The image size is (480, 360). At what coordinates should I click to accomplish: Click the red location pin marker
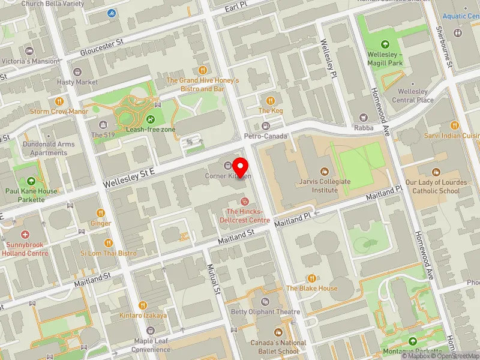click(x=241, y=165)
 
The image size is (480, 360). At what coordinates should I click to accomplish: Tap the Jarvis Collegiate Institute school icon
click(x=325, y=171)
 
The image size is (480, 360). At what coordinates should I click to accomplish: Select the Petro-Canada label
click(x=266, y=136)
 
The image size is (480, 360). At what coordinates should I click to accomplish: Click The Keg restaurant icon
click(x=270, y=101)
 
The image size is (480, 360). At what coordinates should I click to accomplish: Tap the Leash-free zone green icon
click(x=151, y=119)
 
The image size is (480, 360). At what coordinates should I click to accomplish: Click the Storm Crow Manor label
click(x=59, y=111)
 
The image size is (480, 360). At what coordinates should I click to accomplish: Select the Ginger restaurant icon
click(x=101, y=213)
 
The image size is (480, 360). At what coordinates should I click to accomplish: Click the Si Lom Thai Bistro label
click(x=109, y=253)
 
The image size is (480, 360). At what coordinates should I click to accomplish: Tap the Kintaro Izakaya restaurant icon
click(x=143, y=305)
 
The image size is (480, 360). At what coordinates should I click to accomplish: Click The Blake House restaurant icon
click(x=311, y=278)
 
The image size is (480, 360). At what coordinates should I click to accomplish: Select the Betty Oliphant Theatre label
click(x=266, y=311)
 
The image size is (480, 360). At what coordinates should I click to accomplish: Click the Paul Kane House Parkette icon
click(x=32, y=181)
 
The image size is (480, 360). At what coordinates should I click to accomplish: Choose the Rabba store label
click(x=364, y=127)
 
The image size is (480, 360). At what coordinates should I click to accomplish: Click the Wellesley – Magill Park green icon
click(x=385, y=44)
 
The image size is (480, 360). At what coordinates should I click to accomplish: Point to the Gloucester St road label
click(x=103, y=47)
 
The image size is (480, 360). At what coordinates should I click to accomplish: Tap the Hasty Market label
click(x=77, y=82)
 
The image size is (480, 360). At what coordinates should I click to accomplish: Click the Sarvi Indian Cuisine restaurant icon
click(x=455, y=125)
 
